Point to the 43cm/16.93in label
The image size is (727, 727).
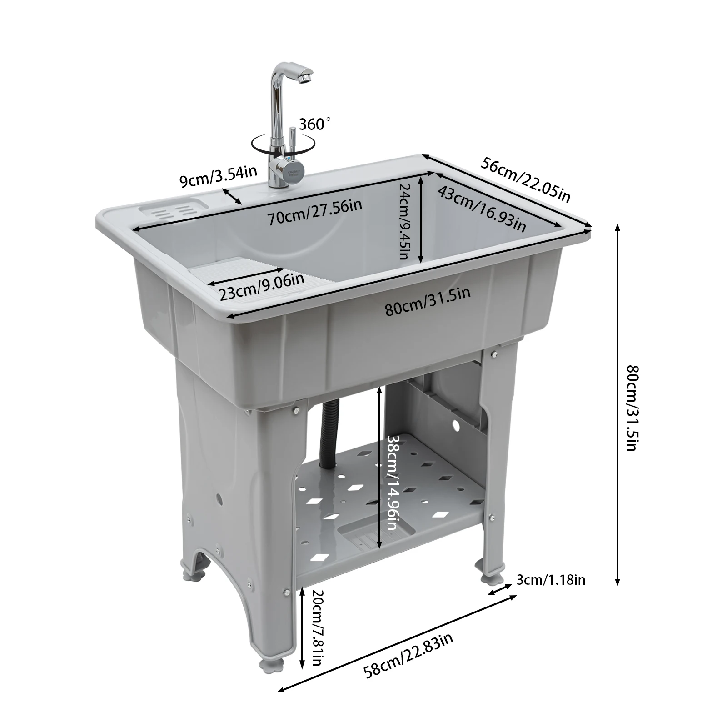(482, 209)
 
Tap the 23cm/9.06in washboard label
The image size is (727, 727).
(261, 287)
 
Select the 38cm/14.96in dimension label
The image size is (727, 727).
(392, 483)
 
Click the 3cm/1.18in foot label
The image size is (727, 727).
(551, 580)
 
